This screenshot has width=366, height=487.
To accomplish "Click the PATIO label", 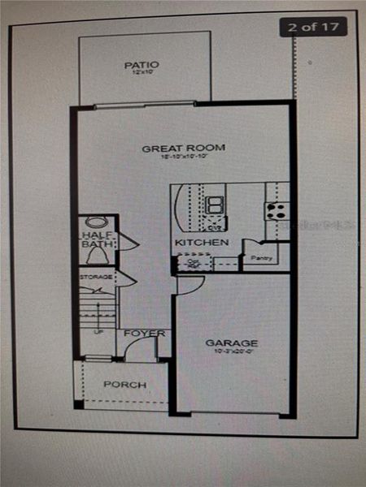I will tap(142, 64).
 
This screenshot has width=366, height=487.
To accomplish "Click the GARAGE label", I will tap(231, 343).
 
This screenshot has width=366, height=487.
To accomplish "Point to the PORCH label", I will tap(124, 384).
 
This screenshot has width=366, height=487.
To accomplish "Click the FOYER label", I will tap(145, 334).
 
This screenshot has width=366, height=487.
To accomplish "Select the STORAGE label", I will tap(95, 278).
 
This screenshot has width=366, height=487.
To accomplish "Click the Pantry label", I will tap(261, 258).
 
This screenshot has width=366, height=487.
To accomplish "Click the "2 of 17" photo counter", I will tap(314, 26).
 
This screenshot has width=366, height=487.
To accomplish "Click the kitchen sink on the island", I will tap(216, 204).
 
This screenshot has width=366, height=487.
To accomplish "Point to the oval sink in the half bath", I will tap(95, 222).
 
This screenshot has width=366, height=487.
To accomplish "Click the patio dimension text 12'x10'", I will tap(142, 73).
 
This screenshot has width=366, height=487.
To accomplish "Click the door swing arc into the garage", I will tap(190, 284).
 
